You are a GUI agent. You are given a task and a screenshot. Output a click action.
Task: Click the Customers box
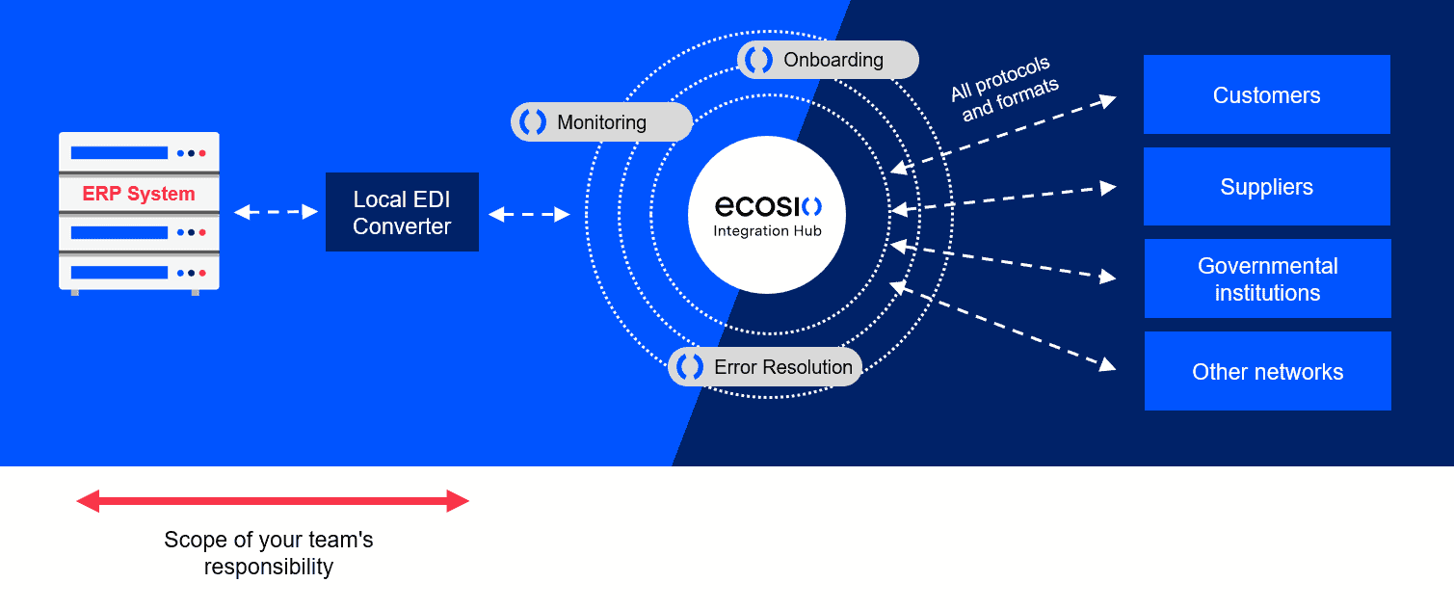click(1266, 94)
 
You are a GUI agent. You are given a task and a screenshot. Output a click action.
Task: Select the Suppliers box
click(1266, 186)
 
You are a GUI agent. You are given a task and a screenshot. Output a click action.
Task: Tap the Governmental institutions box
click(1267, 278)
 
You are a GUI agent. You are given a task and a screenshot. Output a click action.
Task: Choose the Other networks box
click(1267, 371)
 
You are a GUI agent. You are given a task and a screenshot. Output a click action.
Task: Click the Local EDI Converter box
click(402, 212)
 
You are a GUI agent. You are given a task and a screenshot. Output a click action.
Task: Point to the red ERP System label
click(139, 194)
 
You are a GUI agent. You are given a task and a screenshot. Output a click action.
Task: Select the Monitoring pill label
click(601, 122)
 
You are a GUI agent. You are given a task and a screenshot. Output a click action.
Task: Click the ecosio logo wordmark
click(768, 206)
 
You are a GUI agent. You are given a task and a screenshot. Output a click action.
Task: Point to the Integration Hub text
click(768, 231)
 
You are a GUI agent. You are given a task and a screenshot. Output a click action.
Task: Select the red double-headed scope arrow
click(273, 501)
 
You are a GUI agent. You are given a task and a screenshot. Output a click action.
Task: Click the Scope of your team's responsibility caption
click(269, 553)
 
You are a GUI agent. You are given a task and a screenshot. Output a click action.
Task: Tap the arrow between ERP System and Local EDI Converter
click(276, 212)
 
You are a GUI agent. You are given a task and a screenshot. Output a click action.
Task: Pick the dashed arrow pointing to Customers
click(1002, 135)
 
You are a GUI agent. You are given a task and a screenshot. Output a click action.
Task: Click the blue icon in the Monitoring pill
click(533, 122)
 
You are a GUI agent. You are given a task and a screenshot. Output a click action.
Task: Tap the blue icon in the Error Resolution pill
click(690, 367)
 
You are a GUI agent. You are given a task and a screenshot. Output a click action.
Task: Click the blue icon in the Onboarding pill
click(759, 60)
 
